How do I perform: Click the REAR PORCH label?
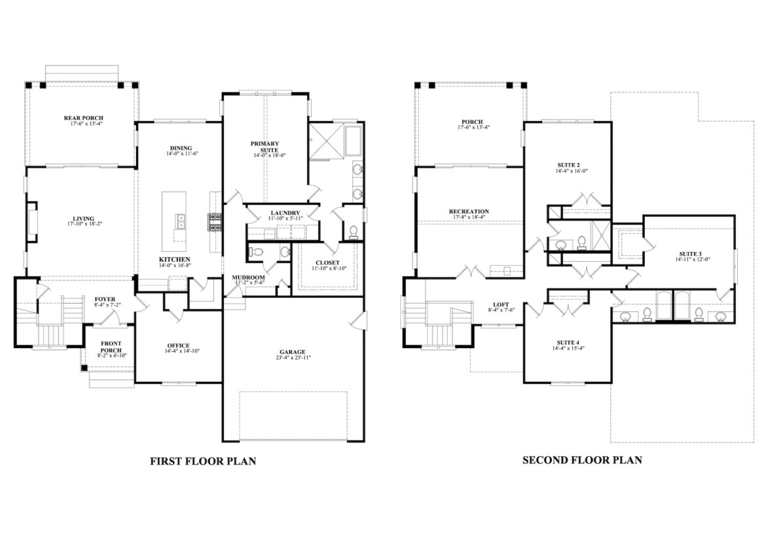[x=84, y=118]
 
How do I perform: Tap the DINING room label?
[x=181, y=148]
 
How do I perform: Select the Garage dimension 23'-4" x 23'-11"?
[x=293, y=357]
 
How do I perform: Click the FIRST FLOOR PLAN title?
[x=203, y=461]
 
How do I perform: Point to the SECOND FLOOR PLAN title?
[x=582, y=460]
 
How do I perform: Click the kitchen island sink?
[x=180, y=221]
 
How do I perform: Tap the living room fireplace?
[x=32, y=222]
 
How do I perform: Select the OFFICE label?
[x=178, y=346]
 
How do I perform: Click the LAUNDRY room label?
[x=285, y=213]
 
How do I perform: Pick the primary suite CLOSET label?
[x=327, y=262]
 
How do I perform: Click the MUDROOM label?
[x=248, y=277]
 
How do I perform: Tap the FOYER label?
[x=105, y=299]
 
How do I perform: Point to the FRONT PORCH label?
[x=111, y=347]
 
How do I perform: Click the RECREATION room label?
[x=469, y=211]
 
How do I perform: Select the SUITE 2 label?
[x=571, y=165]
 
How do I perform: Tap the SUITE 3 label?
[x=690, y=254]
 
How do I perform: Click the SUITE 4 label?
[x=569, y=343]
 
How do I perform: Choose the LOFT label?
[x=502, y=304]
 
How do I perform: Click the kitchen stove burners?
[x=215, y=222]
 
